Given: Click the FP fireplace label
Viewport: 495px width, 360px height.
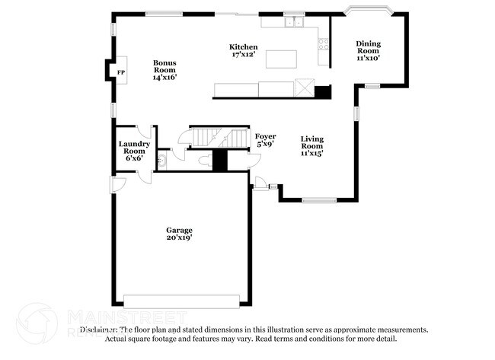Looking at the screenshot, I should tap(120, 72).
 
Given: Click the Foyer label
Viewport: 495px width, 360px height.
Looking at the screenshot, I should tap(265, 136).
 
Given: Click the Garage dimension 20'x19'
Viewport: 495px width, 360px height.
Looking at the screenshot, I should tap(180, 237).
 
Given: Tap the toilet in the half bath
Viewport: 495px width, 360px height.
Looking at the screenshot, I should tap(202, 161).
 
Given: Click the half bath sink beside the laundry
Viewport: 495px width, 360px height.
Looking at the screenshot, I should tap(161, 161).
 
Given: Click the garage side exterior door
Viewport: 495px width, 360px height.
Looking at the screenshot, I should tap(117, 184).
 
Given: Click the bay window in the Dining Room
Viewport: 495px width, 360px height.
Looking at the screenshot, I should tap(367, 12).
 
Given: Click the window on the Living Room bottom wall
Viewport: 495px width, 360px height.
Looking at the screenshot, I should tap(318, 200).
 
